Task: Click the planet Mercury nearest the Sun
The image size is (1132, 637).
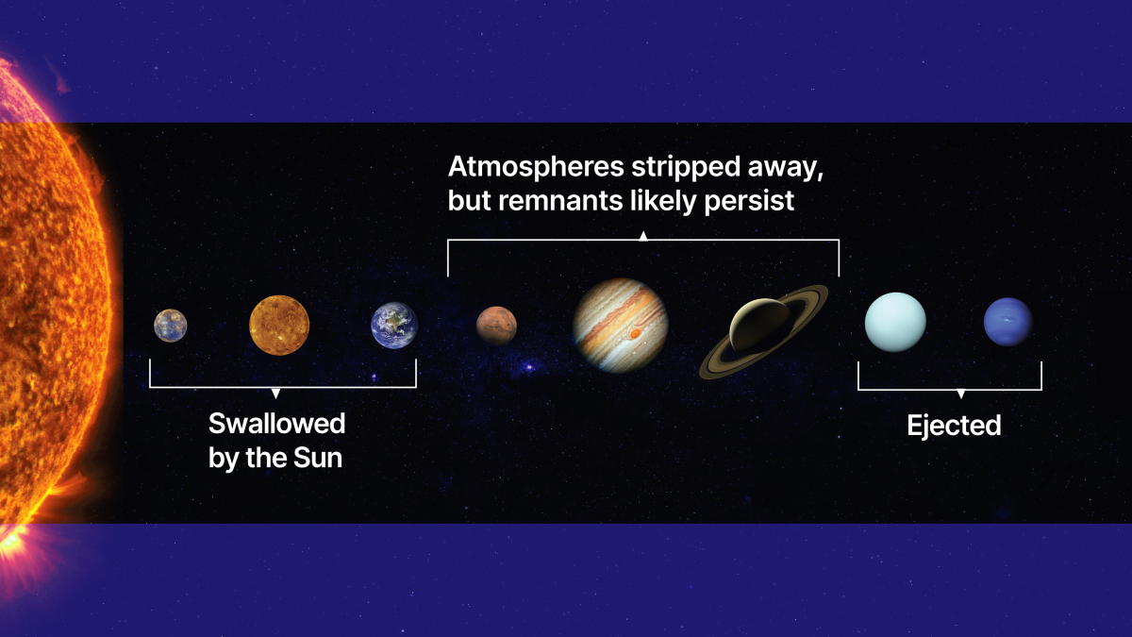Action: (x=171, y=326)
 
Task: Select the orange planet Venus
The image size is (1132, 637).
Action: (x=279, y=326)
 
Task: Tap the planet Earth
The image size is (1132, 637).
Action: (x=394, y=326)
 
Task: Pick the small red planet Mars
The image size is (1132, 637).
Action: (x=496, y=326)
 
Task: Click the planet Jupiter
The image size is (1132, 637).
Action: (x=621, y=325)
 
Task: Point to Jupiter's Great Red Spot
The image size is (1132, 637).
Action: (x=635, y=333)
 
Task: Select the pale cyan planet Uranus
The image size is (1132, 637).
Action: (x=895, y=322)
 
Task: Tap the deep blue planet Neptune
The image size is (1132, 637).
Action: (x=1007, y=322)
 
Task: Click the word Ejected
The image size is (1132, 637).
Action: (x=954, y=426)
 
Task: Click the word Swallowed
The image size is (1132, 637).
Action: (x=276, y=424)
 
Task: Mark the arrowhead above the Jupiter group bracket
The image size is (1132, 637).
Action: (x=643, y=236)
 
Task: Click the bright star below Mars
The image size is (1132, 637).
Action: (x=528, y=367)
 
